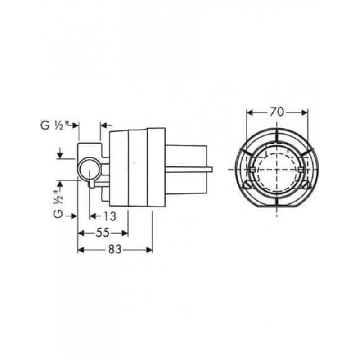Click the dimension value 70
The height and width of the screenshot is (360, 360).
coord(277,112)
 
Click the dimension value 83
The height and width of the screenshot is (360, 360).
coord(115,249)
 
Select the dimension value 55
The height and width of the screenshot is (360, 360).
coord(103,233)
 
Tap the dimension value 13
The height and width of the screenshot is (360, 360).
coord(109,216)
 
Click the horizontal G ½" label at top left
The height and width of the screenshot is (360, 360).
coord(52,126)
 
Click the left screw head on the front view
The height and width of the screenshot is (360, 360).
coord(247,185)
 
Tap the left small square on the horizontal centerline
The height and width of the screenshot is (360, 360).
coord(252,170)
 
